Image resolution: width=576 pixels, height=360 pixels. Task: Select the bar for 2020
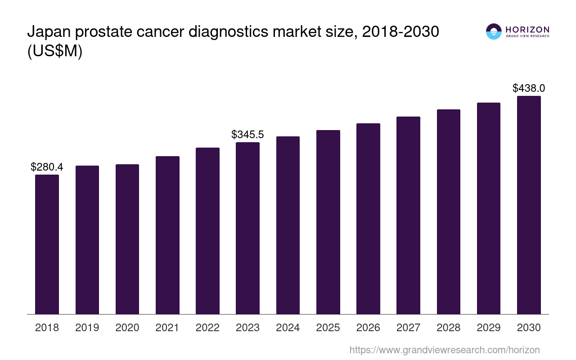(x=127, y=239)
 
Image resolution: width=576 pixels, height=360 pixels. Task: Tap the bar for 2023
(x=247, y=228)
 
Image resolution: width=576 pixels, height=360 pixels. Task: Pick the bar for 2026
(x=368, y=219)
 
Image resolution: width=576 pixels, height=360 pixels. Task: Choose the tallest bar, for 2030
(x=529, y=205)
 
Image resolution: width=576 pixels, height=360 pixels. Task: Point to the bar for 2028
(x=448, y=211)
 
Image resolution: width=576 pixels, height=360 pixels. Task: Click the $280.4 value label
(x=47, y=167)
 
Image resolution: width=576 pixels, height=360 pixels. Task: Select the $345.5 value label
(x=247, y=135)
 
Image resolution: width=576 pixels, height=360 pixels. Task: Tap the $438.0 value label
(x=529, y=88)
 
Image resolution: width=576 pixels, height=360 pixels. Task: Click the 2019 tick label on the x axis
(x=87, y=328)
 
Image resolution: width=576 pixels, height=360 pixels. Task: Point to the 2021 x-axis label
(x=167, y=328)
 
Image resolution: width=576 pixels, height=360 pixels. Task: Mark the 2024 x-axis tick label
(x=288, y=328)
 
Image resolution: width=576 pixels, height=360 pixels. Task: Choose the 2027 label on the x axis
(x=408, y=328)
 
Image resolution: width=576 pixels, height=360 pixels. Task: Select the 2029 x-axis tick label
(x=489, y=328)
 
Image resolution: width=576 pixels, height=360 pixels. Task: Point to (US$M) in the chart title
(x=55, y=51)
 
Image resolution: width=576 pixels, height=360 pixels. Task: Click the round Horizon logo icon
(x=494, y=31)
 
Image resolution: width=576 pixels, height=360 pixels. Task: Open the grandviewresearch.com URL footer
(x=445, y=350)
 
